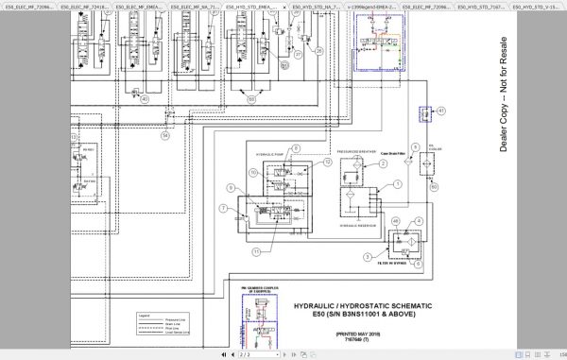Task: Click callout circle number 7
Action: pyautogui.click(x=223, y=208)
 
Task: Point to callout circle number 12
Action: pyautogui.click(x=327, y=162)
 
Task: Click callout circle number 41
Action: pyautogui.click(x=439, y=111)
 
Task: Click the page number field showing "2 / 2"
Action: pyautogui.click(x=245, y=354)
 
